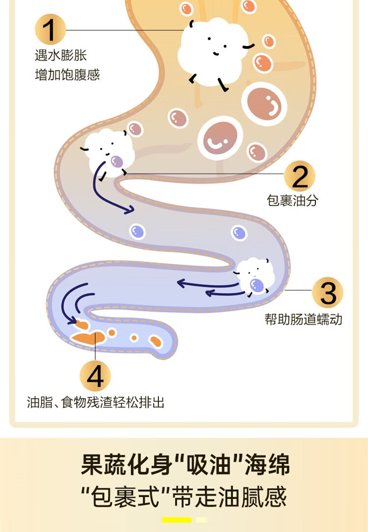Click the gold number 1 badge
[51, 29]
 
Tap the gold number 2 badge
[300, 176]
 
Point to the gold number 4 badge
[95, 377]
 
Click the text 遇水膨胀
[60, 55]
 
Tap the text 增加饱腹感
[67, 75]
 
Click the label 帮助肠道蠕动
[303, 319]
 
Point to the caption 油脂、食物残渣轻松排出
[95, 403]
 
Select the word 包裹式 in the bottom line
[128, 497]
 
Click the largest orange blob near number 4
[89, 337]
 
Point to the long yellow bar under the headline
[177, 520]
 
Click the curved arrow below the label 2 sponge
[109, 191]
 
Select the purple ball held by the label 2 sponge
[116, 161]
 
